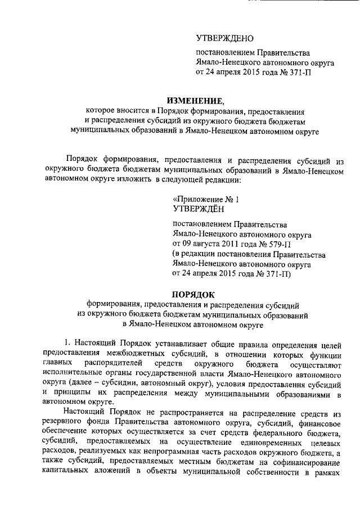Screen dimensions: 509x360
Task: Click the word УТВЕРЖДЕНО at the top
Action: pos(224,38)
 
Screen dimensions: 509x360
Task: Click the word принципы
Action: pos(71,393)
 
